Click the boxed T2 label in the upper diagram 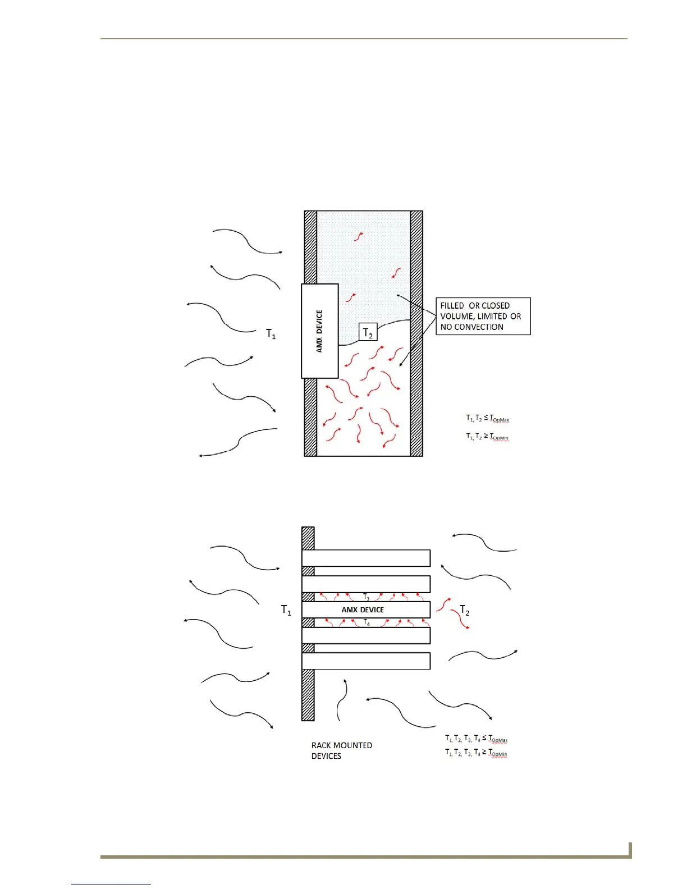(x=368, y=332)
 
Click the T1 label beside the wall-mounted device (x=271, y=334)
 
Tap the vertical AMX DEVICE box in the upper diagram (x=319, y=331)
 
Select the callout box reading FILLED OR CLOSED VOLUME (x=483, y=316)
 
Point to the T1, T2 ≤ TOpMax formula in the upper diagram (x=487, y=418)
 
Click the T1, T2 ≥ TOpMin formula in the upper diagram (x=487, y=436)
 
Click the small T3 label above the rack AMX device (x=366, y=597)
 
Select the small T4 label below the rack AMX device (x=367, y=622)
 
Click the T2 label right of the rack (x=464, y=610)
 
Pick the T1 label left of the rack (x=286, y=610)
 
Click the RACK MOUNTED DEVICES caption (x=341, y=750)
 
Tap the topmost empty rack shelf (x=366, y=558)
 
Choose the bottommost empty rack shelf (x=366, y=661)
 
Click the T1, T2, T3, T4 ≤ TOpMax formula (x=476, y=739)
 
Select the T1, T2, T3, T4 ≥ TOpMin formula (x=476, y=752)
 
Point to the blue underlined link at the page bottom (x=111, y=884)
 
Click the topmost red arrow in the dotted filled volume (x=358, y=236)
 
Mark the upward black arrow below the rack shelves (x=342, y=699)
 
